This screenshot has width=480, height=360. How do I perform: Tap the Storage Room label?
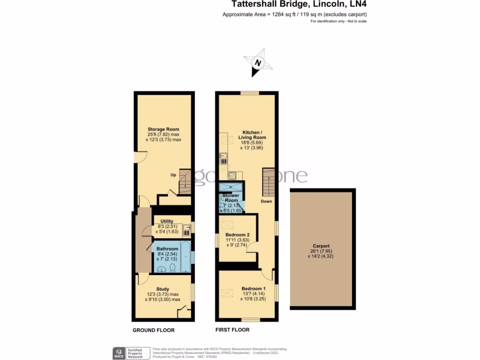tap(163, 129)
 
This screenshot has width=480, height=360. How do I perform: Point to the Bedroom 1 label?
tap(254, 288)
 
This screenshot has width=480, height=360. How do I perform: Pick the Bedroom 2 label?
tap(237, 234)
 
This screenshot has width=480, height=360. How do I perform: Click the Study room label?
tap(163, 289)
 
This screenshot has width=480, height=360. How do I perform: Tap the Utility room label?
tap(167, 221)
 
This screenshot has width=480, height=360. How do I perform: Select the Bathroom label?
tap(167, 248)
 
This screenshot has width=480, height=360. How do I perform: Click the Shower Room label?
tap(231, 197)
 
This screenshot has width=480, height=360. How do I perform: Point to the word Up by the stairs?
tap(173, 175)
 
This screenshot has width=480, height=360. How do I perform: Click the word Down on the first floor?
tap(266, 201)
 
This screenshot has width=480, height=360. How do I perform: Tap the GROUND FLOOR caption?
tap(153, 330)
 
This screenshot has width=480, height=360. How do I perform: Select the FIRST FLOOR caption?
tap(232, 330)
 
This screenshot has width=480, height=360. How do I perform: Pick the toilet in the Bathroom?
tap(172, 268)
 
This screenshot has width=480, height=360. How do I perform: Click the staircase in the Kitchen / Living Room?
tap(268, 183)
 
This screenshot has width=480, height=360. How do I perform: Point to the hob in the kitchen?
tap(232, 176)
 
